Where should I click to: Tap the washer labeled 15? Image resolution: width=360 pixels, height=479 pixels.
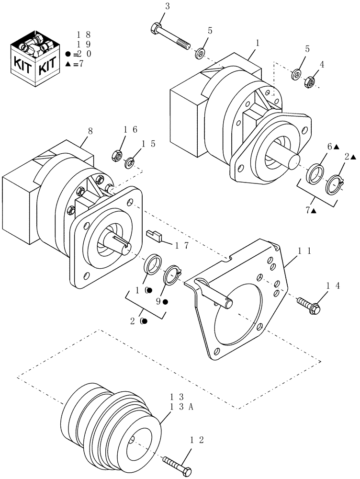click(129, 163)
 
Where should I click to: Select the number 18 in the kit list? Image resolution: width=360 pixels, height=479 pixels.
click(84, 35)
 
